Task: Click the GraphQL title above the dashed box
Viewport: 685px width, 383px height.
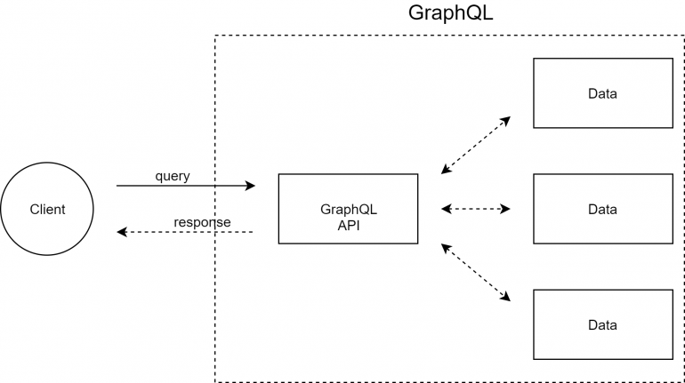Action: coord(449,13)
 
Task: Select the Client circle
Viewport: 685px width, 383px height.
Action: coord(47,210)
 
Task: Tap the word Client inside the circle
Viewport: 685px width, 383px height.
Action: coord(47,210)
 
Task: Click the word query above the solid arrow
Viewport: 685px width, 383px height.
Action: coord(173,176)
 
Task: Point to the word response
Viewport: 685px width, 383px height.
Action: coord(202,222)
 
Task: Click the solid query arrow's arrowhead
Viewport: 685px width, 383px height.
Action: coord(251,186)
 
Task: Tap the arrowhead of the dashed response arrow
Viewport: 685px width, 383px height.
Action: coord(122,232)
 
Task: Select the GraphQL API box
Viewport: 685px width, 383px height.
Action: coord(348,209)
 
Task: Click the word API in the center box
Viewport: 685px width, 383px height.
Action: coord(348,226)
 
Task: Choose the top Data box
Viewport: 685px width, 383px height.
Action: coord(602,93)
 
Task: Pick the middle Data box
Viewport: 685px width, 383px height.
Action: coord(602,209)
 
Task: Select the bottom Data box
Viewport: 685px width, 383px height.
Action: coord(602,324)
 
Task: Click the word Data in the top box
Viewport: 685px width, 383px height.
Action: coord(602,93)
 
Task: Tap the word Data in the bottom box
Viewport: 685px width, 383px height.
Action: coord(602,324)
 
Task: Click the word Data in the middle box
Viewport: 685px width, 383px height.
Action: coord(602,209)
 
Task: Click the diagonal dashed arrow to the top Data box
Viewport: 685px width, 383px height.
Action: coord(476,145)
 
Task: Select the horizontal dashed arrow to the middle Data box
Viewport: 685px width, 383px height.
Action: coord(476,209)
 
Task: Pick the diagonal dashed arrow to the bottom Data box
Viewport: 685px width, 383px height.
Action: coord(476,273)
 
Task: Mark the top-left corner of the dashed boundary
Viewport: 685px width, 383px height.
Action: coord(215,36)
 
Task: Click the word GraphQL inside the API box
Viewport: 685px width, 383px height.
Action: coord(348,210)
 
